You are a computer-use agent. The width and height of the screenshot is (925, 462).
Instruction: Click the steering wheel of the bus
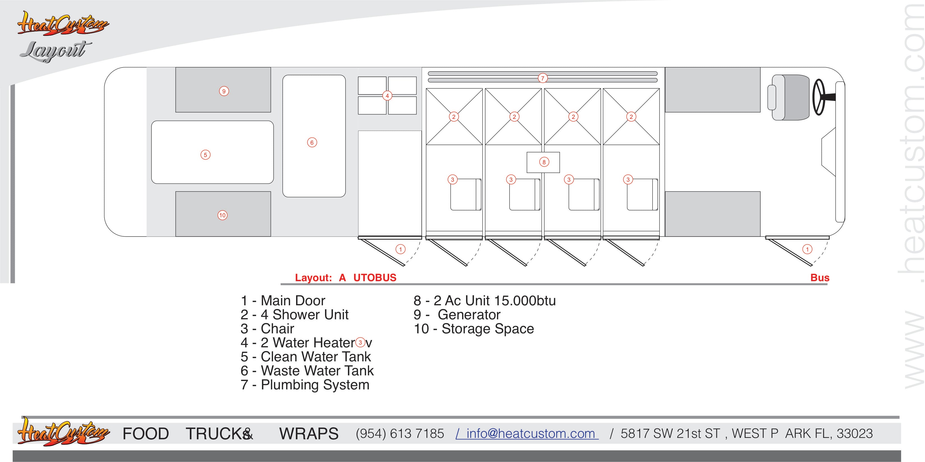pos(819,97)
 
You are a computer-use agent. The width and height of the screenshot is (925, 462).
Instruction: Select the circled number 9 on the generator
pos(224,91)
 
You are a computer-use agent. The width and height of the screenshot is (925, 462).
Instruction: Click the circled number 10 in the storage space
pos(222,215)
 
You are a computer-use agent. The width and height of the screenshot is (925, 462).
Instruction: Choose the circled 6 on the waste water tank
pos(312,142)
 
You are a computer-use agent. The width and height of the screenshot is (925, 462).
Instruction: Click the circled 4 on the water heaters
pos(387,96)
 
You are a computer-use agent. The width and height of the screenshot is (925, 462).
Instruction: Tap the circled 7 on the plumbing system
pos(543,78)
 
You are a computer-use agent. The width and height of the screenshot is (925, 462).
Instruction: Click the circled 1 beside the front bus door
pos(807,249)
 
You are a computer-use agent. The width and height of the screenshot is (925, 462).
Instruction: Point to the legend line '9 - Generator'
pos(457,315)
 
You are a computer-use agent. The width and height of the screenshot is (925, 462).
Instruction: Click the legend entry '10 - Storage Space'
pos(474,329)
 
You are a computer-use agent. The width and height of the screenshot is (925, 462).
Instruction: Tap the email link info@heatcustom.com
pos(531,434)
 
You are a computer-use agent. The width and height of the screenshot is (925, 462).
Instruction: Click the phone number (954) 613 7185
pos(400,434)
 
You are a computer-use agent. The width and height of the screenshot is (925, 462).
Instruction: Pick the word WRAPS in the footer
pos(309,434)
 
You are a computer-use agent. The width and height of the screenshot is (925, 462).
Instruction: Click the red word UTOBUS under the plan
pos(375,278)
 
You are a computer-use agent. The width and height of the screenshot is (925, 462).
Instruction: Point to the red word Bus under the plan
pos(820,278)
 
